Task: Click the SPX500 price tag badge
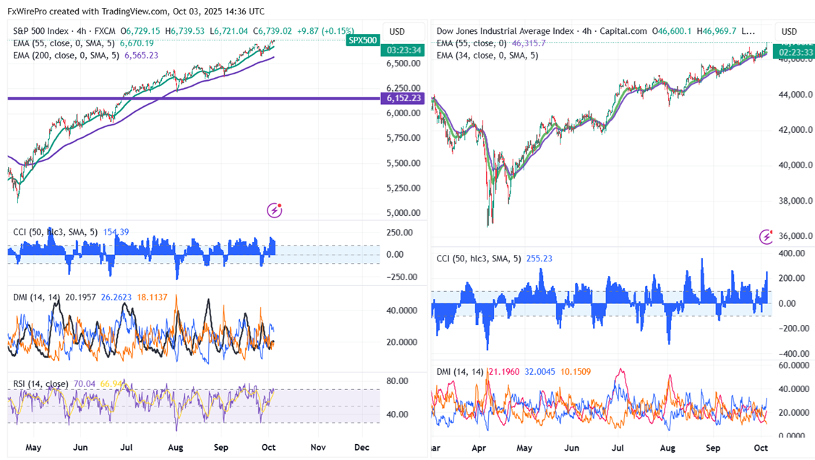point(362,40)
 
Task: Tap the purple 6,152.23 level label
point(405,97)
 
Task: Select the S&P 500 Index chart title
point(48,31)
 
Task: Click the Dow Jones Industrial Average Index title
point(506,31)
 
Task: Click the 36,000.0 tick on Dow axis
point(794,236)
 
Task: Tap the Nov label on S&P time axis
point(317,447)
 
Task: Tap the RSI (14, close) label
point(41,383)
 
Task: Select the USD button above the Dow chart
point(789,31)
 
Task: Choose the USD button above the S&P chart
point(397,31)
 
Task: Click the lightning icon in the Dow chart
point(766,236)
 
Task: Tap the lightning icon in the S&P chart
point(274,210)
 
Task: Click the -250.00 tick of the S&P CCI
point(400,277)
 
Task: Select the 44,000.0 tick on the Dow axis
point(794,95)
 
